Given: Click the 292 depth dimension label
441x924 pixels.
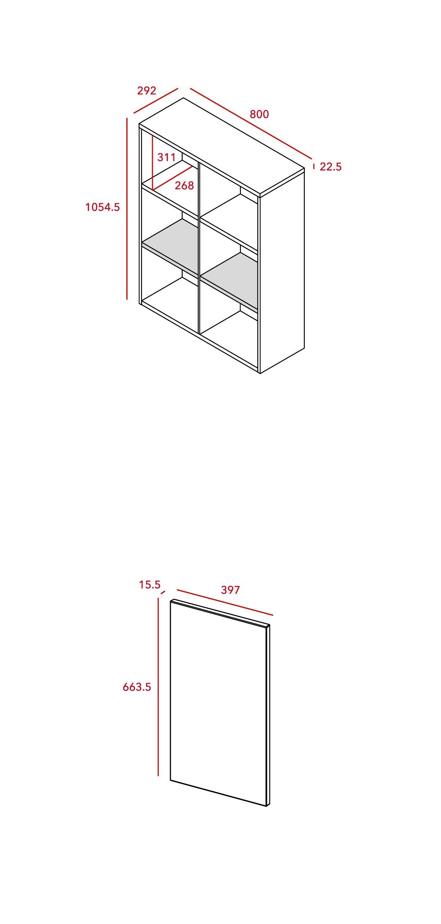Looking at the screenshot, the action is pyautogui.click(x=147, y=91).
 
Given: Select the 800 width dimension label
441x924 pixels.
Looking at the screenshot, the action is pyautogui.click(x=259, y=114).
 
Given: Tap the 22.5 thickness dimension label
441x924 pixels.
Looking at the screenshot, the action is pyautogui.click(x=330, y=166).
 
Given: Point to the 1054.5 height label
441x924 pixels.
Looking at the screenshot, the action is pyautogui.click(x=102, y=207).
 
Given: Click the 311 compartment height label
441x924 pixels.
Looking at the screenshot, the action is pyautogui.click(x=166, y=157).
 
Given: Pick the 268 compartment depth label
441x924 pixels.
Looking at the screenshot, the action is pyautogui.click(x=184, y=185).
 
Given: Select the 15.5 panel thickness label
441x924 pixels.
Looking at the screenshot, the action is pyautogui.click(x=149, y=584).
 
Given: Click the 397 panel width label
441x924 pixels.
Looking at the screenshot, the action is pyautogui.click(x=230, y=590).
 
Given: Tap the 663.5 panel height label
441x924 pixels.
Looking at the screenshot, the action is pyautogui.click(x=137, y=687).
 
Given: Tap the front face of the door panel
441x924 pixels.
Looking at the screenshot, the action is pyautogui.click(x=218, y=703).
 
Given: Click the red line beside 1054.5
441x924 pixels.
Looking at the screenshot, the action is pyautogui.click(x=127, y=209).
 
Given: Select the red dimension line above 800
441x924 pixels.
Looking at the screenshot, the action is pyautogui.click(x=251, y=123).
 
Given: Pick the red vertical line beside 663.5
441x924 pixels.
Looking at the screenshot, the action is pyautogui.click(x=158, y=686).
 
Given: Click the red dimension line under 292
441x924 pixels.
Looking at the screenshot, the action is pyautogui.click(x=156, y=101).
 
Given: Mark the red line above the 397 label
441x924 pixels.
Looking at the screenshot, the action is pyautogui.click(x=225, y=602).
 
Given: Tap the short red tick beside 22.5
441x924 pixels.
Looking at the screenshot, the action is pyautogui.click(x=314, y=166).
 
